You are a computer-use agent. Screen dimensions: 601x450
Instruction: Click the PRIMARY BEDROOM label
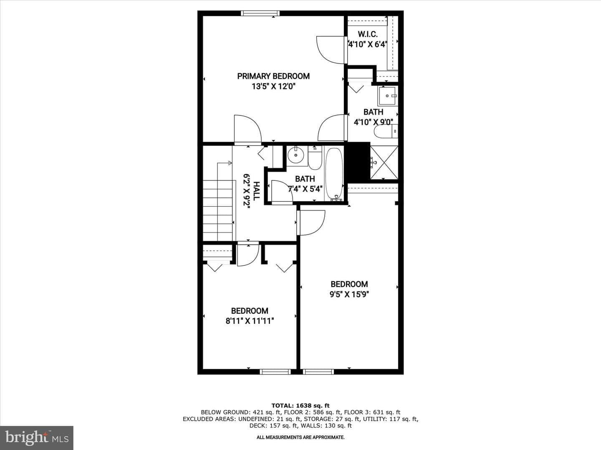click(273, 76)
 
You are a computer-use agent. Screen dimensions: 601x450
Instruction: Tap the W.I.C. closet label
click(367, 34)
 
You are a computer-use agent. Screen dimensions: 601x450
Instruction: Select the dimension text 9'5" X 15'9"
click(349, 294)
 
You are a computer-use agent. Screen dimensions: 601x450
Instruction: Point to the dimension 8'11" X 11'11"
click(250, 321)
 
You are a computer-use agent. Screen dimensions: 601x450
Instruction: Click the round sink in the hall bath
click(295, 155)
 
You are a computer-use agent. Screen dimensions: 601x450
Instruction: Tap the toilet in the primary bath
click(386, 132)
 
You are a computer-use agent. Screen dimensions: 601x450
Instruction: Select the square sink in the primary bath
click(387, 96)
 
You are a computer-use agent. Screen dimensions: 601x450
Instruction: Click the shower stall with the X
click(384, 162)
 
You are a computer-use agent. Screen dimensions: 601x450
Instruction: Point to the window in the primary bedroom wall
click(260, 13)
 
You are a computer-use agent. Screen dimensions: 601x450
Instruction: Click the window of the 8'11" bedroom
click(275, 372)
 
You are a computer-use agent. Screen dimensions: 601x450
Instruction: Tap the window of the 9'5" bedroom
click(318, 372)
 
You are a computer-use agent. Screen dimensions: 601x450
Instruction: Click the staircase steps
click(218, 210)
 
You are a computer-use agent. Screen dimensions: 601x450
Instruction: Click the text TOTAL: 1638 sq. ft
click(300, 406)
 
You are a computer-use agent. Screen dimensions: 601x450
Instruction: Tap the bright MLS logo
click(37, 437)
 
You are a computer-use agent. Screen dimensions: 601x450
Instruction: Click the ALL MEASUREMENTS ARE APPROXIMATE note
click(300, 437)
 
